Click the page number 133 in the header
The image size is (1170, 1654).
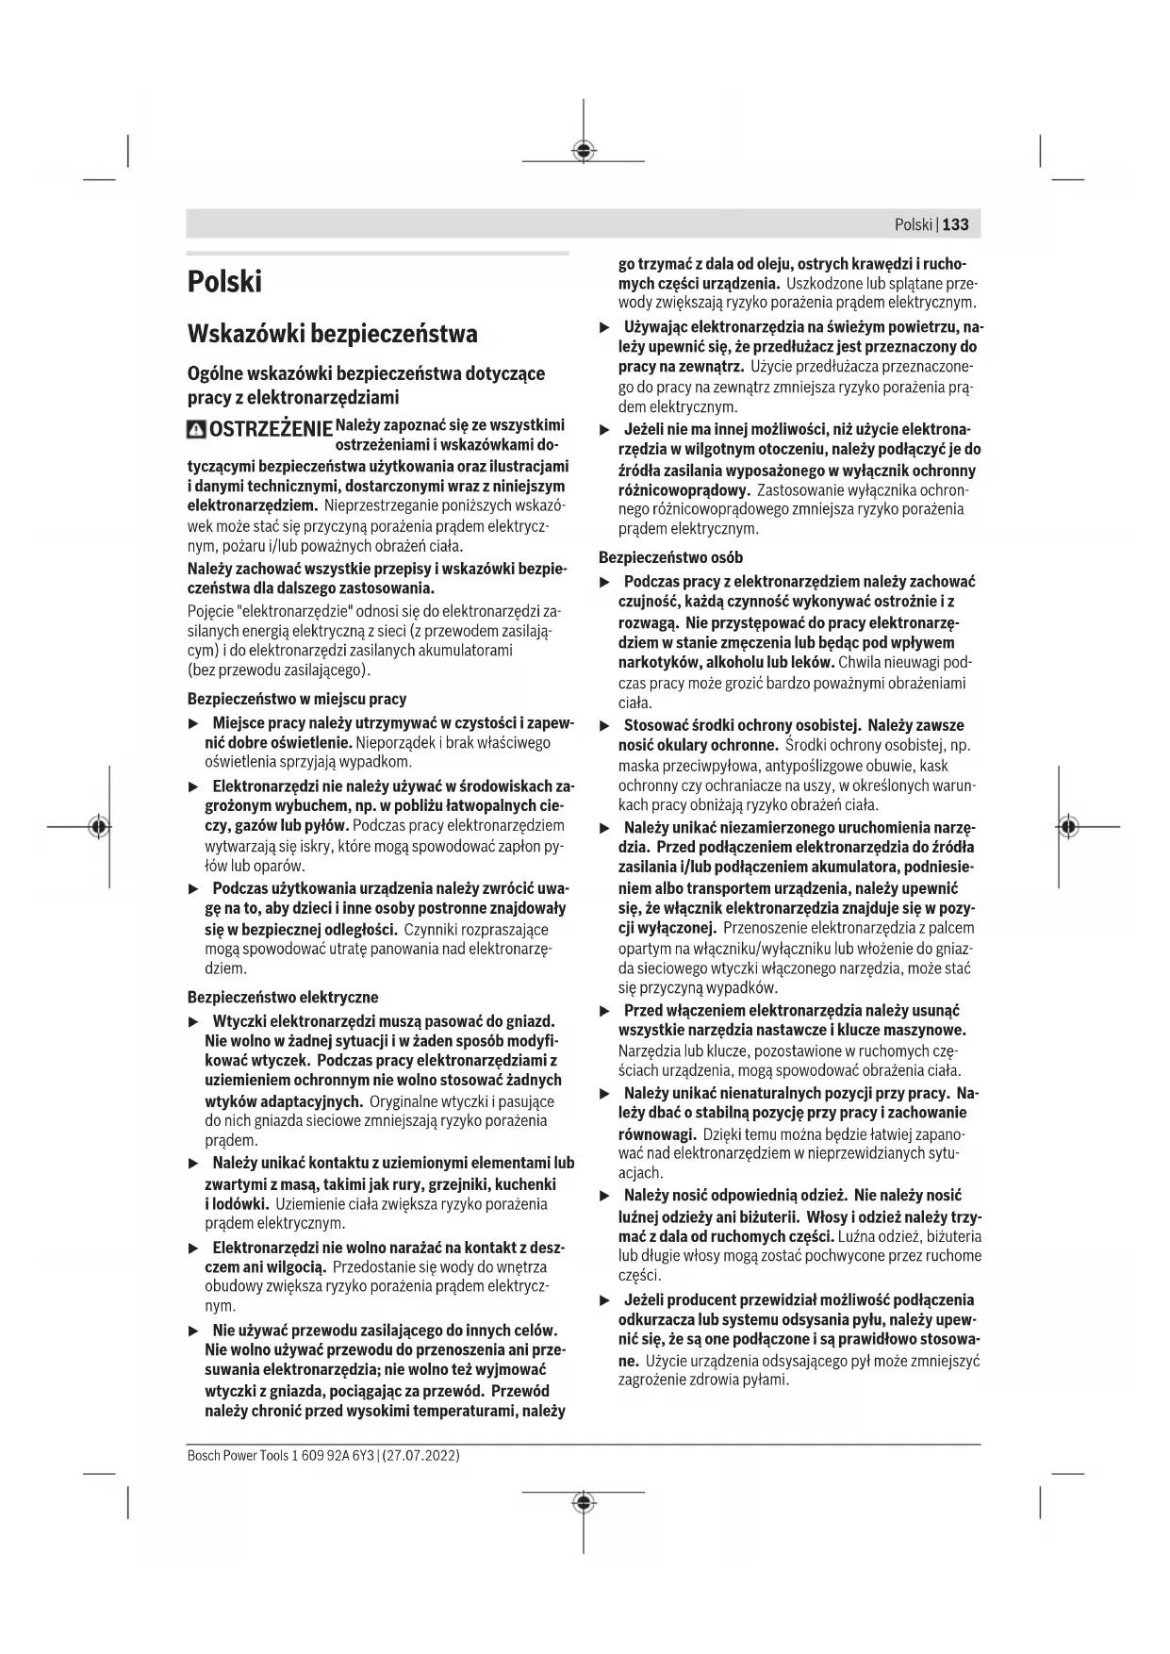click(x=955, y=224)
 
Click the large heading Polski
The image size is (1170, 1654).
click(x=224, y=282)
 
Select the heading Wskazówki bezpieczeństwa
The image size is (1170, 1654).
click(x=332, y=334)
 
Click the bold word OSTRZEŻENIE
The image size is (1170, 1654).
click(x=271, y=431)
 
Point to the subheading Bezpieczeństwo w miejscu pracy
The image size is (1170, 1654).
click(x=297, y=699)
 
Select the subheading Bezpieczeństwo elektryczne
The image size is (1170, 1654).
click(x=283, y=997)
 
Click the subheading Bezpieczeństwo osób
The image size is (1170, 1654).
click(x=671, y=557)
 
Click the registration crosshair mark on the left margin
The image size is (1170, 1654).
click(x=97, y=826)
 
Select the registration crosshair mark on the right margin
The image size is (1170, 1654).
click(x=1067, y=826)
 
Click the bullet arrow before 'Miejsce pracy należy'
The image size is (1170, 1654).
click(x=194, y=723)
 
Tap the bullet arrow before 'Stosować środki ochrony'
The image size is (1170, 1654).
click(x=605, y=726)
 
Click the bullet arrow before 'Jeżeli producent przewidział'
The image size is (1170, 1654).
click(x=605, y=1300)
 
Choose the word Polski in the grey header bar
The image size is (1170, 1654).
click(x=913, y=224)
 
